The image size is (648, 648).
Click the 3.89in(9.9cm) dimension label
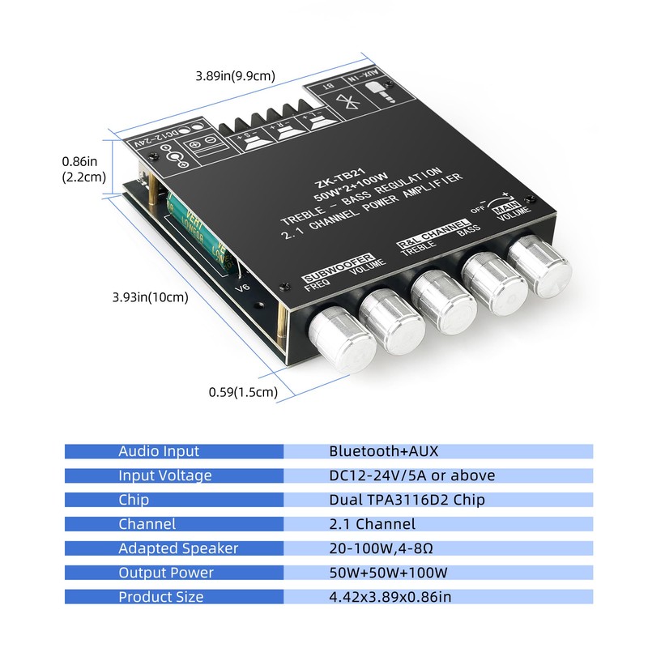(235, 76)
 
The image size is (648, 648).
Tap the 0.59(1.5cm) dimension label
(243, 393)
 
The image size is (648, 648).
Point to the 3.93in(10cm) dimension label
(150, 296)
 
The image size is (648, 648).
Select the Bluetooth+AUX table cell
(384, 451)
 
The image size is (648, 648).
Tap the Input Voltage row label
(165, 475)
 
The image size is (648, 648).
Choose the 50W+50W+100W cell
(388, 573)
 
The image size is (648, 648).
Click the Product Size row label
(161, 597)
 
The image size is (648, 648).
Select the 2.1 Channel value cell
(372, 524)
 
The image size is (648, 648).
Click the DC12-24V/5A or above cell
(411, 475)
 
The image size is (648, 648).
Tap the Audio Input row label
(159, 451)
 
